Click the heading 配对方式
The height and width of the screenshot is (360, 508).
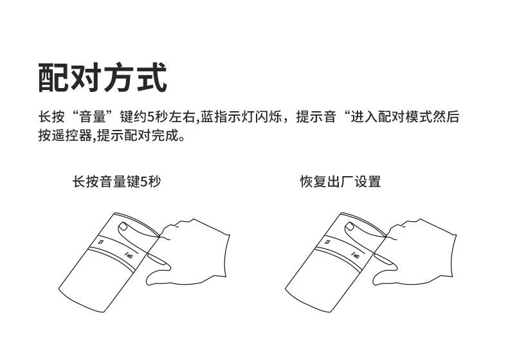coord(103,78)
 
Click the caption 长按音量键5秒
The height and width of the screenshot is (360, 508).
coord(116,182)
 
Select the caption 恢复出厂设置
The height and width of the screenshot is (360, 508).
coord(340,182)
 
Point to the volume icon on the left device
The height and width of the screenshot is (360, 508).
coord(129,256)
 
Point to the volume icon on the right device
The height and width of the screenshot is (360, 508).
coord(356,256)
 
